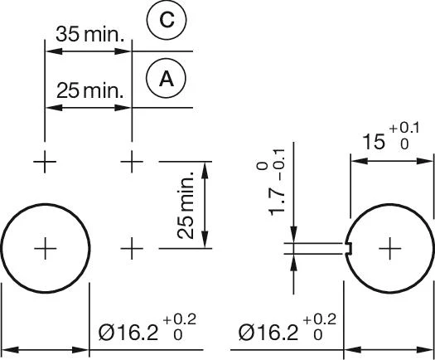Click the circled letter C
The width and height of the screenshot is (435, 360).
pyautogui.click(x=167, y=20)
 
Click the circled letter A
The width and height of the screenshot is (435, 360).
pyautogui.click(x=167, y=79)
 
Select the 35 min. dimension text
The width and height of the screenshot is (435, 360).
pyautogui.click(x=89, y=34)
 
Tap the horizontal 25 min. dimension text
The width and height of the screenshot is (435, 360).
pyautogui.click(x=89, y=90)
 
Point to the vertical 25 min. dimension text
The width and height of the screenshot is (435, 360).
pyautogui.click(x=186, y=205)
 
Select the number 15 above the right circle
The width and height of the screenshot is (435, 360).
pyautogui.click(x=374, y=142)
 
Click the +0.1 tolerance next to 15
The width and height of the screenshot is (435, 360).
pyautogui.click(x=404, y=128)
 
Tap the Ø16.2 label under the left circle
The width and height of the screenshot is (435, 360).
pyautogui.click(x=128, y=333)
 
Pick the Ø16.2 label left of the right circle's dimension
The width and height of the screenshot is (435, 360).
pyautogui.click(x=268, y=333)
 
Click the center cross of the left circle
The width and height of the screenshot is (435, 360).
pyautogui.click(x=46, y=248)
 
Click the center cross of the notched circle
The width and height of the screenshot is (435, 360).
pyautogui.click(x=389, y=248)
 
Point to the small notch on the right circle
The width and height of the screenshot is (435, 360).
pyautogui.click(x=349, y=248)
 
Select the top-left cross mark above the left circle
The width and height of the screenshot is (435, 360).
pyautogui.click(x=45, y=162)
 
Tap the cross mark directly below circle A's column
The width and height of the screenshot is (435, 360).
pyautogui.click(x=132, y=162)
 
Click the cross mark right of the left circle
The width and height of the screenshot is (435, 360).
pyautogui.click(x=132, y=248)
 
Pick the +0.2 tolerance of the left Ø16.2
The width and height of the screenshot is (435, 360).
pyautogui.click(x=180, y=319)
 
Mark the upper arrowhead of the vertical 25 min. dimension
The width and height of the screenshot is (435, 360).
pyautogui.click(x=205, y=169)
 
